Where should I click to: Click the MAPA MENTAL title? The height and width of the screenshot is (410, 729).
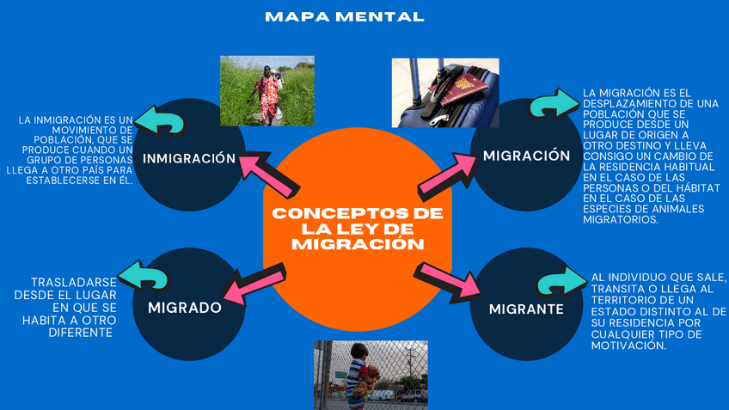[x=344, y=16]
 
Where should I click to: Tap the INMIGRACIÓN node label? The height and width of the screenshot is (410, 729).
[x=188, y=158]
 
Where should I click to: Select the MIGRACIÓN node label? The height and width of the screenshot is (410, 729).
[x=526, y=156]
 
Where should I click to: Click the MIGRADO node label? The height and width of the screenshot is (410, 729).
[x=184, y=307]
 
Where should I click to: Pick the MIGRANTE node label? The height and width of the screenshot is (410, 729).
[x=526, y=309]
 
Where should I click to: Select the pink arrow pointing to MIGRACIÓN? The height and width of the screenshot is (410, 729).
[x=447, y=174]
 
